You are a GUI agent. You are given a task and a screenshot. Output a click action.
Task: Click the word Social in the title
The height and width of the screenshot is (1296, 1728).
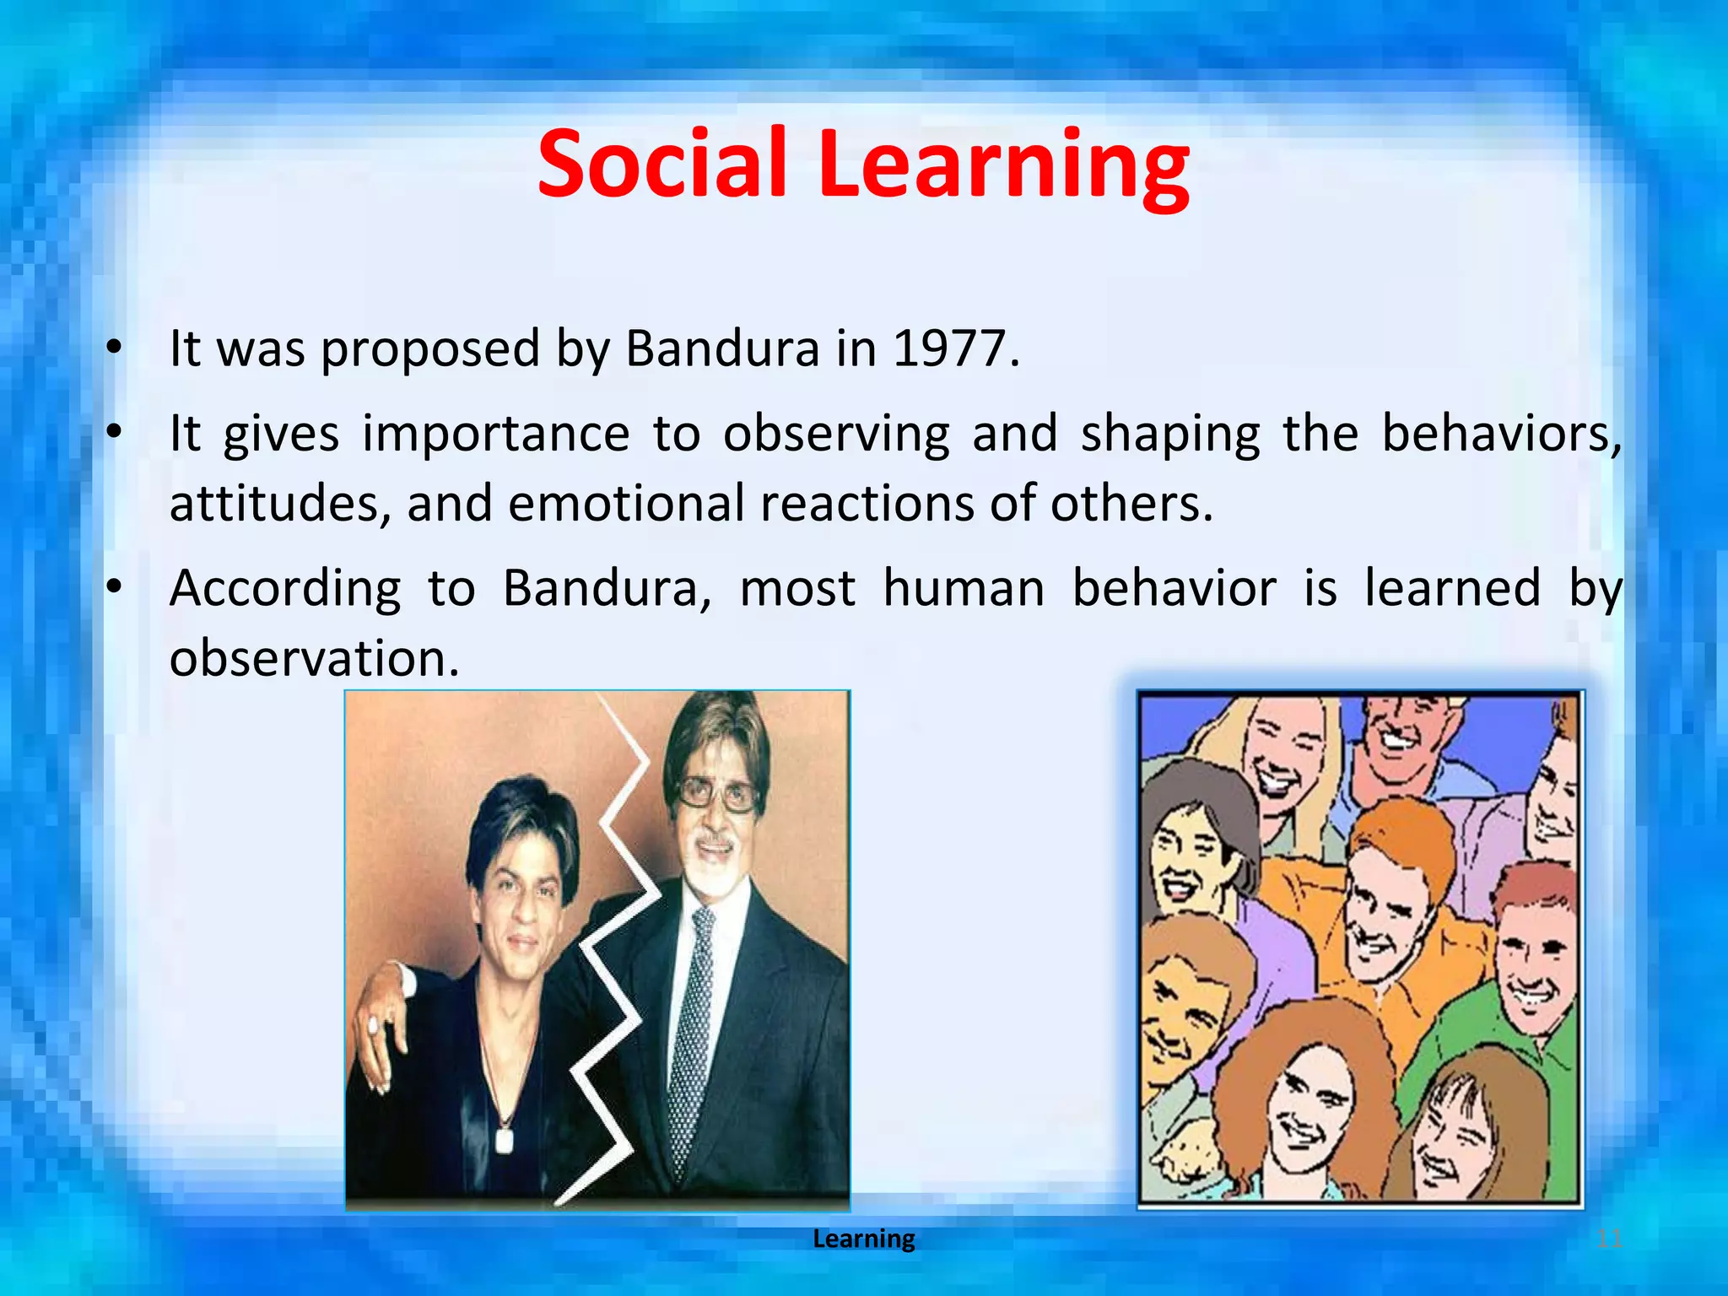click(x=662, y=165)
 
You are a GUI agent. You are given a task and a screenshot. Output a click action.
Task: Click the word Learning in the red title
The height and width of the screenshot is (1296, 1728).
click(x=1004, y=165)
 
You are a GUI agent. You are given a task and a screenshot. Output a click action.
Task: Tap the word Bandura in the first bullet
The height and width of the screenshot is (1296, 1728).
click(x=722, y=348)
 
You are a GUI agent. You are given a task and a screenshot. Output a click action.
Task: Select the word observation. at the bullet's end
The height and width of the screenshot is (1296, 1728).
click(x=314, y=658)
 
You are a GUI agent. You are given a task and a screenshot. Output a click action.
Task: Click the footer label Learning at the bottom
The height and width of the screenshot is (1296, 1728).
click(x=863, y=1239)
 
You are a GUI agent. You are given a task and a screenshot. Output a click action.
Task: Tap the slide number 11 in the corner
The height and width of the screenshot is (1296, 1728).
click(x=1609, y=1239)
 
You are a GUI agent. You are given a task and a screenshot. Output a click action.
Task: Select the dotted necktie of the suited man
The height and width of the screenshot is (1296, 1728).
click(x=692, y=1038)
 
